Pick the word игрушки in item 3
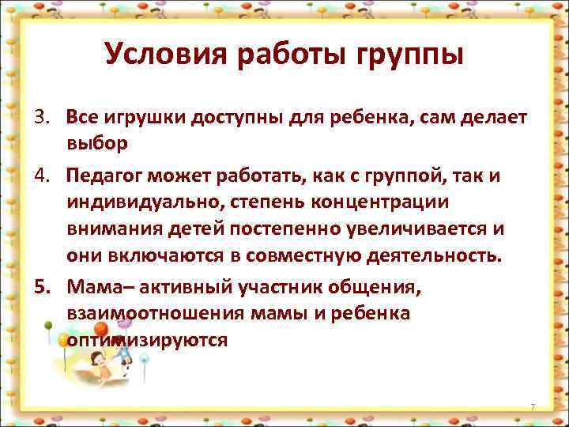(x=138, y=119)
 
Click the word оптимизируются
(x=148, y=340)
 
